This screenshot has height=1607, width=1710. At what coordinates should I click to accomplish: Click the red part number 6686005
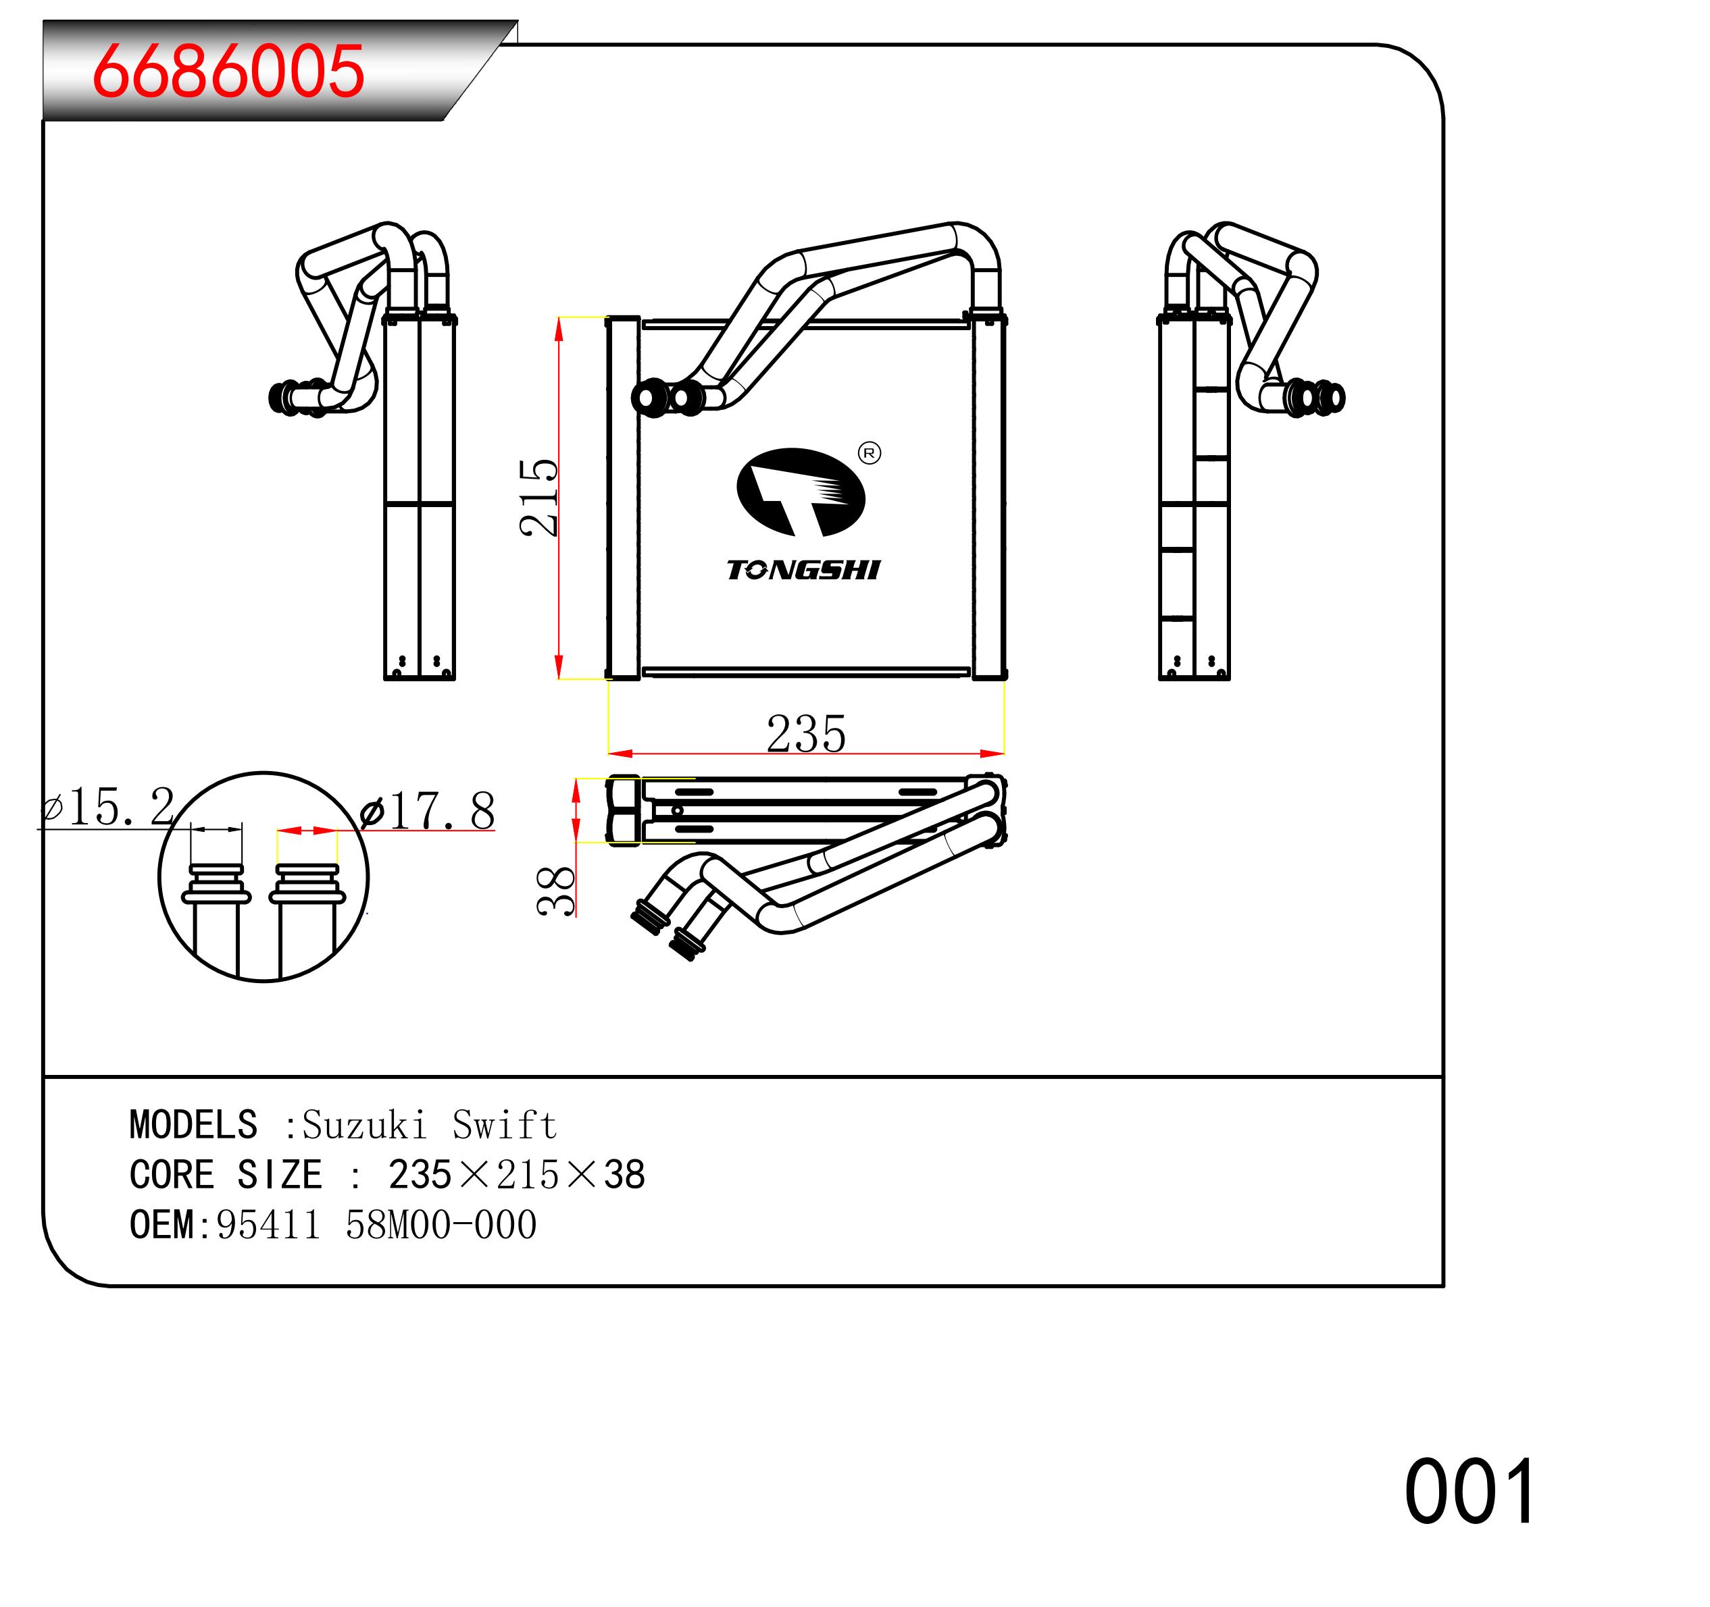click(228, 70)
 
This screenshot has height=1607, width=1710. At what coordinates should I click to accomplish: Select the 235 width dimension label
click(806, 734)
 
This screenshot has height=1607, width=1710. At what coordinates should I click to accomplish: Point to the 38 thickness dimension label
click(555, 890)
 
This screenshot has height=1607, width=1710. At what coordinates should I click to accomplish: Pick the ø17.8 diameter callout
click(428, 811)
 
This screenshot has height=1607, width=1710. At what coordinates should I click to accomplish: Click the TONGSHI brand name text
click(803, 570)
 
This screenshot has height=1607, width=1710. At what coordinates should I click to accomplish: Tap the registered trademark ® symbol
click(870, 453)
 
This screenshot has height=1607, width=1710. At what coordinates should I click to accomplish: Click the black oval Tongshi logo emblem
click(800, 492)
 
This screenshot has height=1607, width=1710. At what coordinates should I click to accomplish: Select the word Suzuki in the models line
click(365, 1126)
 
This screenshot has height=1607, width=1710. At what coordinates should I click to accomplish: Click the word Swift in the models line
click(505, 1126)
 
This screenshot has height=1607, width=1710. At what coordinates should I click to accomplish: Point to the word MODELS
click(193, 1126)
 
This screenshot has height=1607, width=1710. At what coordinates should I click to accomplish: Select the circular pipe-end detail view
click(263, 877)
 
